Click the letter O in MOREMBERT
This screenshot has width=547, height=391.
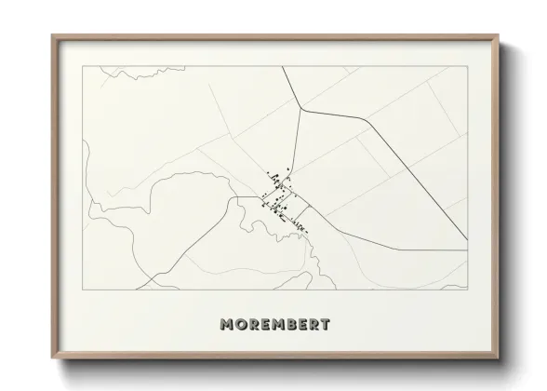tap(239, 326)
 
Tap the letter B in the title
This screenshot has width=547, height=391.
tap(288, 326)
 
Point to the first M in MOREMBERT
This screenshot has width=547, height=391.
tap(226, 326)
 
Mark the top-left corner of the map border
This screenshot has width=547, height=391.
tap(84, 66)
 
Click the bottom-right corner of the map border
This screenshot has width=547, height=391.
tap(466, 289)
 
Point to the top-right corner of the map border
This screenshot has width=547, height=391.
tap(466, 66)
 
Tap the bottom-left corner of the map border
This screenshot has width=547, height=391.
tap(84, 289)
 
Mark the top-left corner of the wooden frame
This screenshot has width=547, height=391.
tap(50, 34)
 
